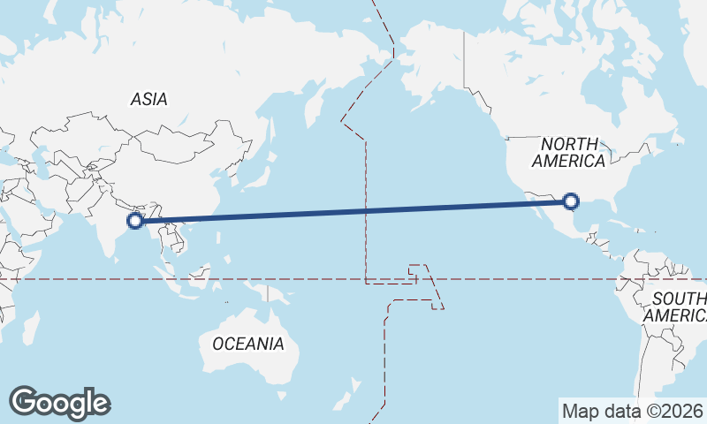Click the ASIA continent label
coord(148,100)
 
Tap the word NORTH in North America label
coord(569,143)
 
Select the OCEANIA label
coord(248,344)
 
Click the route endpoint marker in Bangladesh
coord(135,221)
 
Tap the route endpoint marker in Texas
coord(571,201)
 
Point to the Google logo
coord(59,403)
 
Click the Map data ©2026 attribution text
coord(632,411)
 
